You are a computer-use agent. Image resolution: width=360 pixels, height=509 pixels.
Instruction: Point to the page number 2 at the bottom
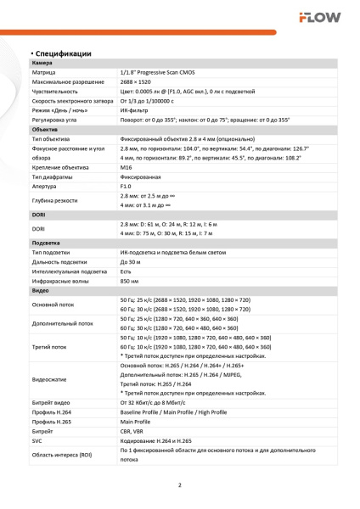pyautogui.click(x=180, y=486)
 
